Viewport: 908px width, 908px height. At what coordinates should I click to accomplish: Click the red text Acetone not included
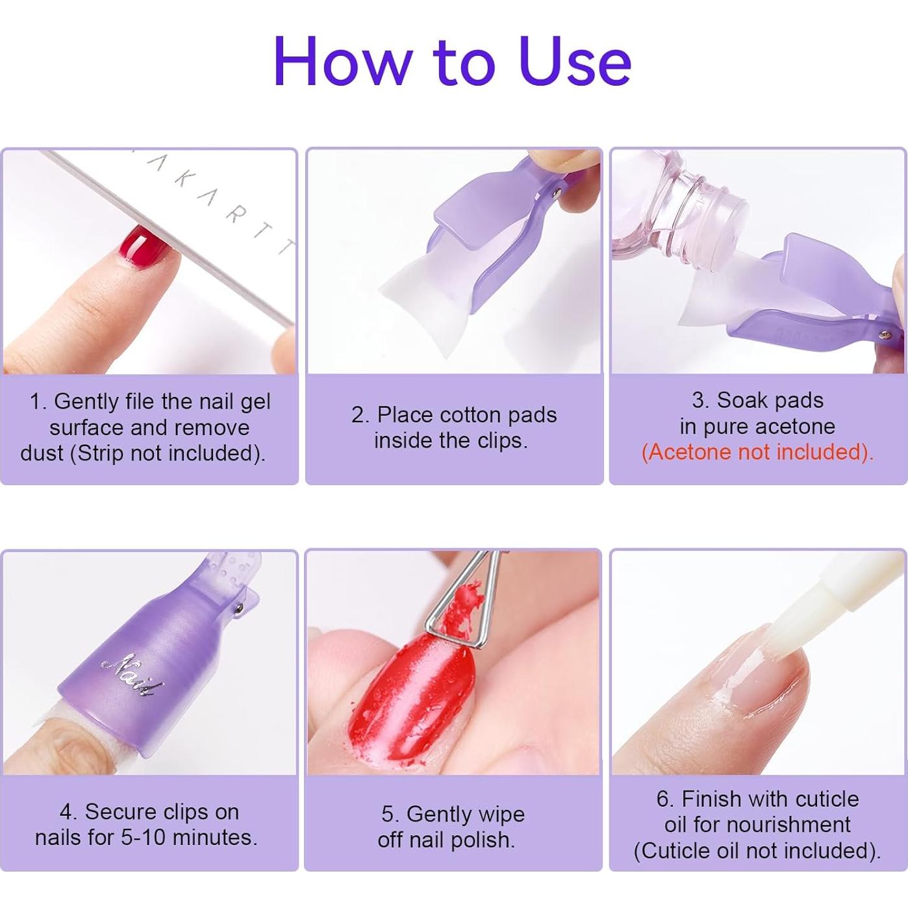coord(757,452)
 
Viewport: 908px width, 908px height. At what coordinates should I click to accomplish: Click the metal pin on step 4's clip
coord(240,609)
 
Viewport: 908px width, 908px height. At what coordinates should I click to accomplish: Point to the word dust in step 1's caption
coord(42,453)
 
